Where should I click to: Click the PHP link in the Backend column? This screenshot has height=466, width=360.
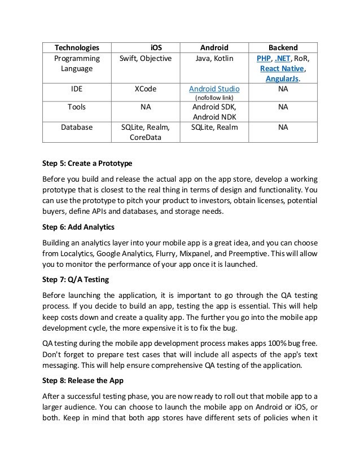263,58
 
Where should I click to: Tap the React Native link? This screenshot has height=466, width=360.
283,68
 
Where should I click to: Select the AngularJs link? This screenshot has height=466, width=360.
282,78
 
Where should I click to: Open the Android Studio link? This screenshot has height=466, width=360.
214,89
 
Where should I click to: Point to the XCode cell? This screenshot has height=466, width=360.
146,89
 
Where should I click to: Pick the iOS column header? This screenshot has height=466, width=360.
146,47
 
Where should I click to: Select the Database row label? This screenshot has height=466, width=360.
77,127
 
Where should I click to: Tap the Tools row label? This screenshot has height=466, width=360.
77,106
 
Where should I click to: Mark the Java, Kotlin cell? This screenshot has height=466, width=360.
214,58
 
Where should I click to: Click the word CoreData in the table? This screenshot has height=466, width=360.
146,137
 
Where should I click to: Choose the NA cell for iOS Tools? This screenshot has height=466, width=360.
146,106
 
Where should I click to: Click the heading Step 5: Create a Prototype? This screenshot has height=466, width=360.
87,164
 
